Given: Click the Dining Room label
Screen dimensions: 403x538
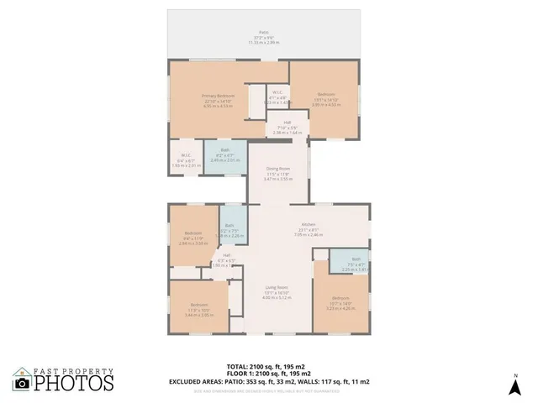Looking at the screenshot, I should coord(277,172).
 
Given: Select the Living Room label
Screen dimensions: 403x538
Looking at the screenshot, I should coord(277,290).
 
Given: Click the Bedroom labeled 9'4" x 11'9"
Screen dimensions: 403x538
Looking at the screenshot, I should coord(193,237).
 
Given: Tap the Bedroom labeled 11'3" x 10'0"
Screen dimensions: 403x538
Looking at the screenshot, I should coord(198,306).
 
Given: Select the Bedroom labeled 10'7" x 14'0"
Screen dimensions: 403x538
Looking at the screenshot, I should coord(340,302).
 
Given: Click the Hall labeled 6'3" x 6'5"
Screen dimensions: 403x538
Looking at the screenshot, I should coord(226,260).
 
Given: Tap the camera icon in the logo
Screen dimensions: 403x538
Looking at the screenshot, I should coord(23,383).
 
